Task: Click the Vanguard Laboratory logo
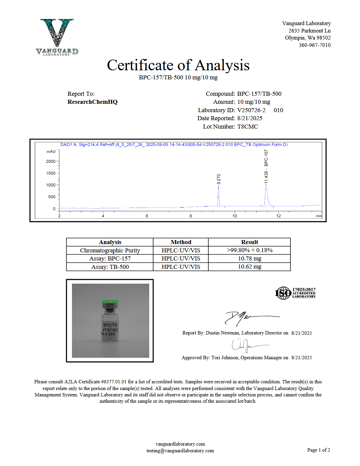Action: click(57, 37)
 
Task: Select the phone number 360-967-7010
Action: click(314, 45)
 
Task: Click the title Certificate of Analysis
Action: click(178, 65)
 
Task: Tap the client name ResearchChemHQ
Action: click(92, 102)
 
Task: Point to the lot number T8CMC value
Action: click(248, 127)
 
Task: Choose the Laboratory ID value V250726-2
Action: click(251, 110)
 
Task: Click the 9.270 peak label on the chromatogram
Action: click(219, 179)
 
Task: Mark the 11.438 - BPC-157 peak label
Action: click(266, 166)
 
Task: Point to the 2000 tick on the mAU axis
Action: click(51, 161)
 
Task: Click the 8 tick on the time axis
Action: click(191, 216)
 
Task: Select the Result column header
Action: click(249, 242)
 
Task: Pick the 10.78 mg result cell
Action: click(249, 258)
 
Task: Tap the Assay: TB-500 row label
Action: click(110, 267)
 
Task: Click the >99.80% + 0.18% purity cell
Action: click(249, 250)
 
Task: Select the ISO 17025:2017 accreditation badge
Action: click(295, 293)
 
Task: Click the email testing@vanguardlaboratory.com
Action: click(180, 451)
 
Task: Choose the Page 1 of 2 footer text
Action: click(319, 450)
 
